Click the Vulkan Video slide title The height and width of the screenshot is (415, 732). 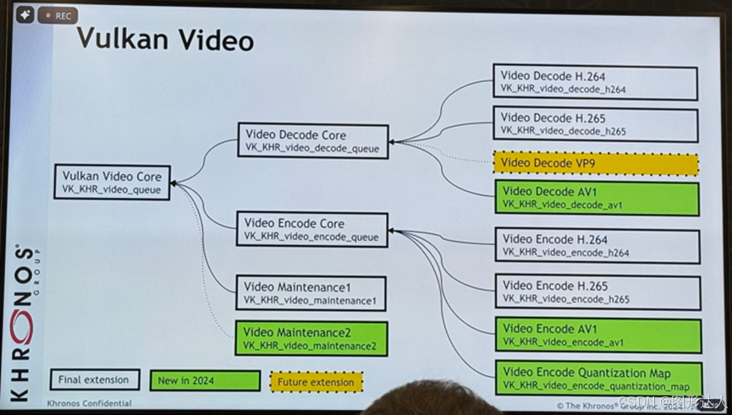pos(164,38)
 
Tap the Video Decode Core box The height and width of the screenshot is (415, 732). pos(313,141)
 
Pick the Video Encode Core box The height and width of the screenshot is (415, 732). pos(312,229)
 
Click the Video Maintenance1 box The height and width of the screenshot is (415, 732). pos(310,292)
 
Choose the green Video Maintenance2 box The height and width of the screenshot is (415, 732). pos(311,338)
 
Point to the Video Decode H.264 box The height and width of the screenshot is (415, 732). pos(596,82)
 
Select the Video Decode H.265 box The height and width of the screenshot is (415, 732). pos(596,123)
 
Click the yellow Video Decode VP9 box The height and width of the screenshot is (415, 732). pos(596,163)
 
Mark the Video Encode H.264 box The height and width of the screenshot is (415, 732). pos(597,245)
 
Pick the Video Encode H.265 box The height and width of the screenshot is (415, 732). pos(597,292)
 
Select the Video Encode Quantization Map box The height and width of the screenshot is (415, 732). pos(598,379)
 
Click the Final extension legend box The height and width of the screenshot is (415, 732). pos(94,380)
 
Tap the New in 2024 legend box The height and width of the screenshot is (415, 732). pos(204,381)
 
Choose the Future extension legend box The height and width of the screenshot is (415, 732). pos(316,382)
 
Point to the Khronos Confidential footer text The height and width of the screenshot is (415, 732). pos(90,403)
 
